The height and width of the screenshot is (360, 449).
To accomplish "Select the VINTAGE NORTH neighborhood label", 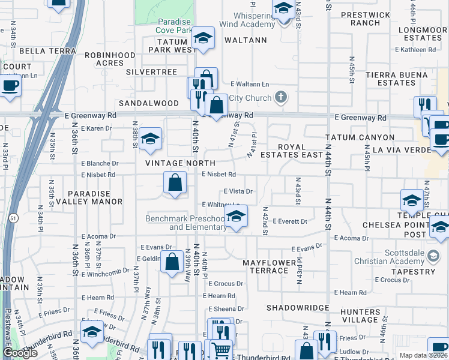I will pyautogui.click(x=180, y=163).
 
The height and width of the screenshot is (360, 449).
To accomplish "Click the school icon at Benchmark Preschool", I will pyautogui.click(x=236, y=217).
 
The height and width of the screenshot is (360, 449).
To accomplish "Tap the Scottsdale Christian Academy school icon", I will pyautogui.click(x=432, y=256).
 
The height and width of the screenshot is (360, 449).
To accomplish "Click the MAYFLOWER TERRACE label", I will pyautogui.click(x=269, y=266).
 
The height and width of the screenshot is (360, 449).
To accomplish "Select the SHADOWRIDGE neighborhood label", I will pyautogui.click(x=298, y=307).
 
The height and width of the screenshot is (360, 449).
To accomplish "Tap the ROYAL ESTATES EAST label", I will pyautogui.click(x=300, y=151).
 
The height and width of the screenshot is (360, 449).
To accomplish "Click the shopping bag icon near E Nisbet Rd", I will pyautogui.click(x=175, y=182).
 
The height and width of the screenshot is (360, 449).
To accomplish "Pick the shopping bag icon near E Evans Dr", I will pyautogui.click(x=172, y=262).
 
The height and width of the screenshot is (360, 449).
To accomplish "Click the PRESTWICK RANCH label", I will pyautogui.click(x=360, y=19).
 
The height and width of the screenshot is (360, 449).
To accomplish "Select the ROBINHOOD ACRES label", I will pyautogui.click(x=110, y=59).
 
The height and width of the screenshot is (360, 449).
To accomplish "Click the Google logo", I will pyautogui.click(x=20, y=353).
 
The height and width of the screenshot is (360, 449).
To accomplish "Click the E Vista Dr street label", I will pyautogui.click(x=238, y=191).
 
